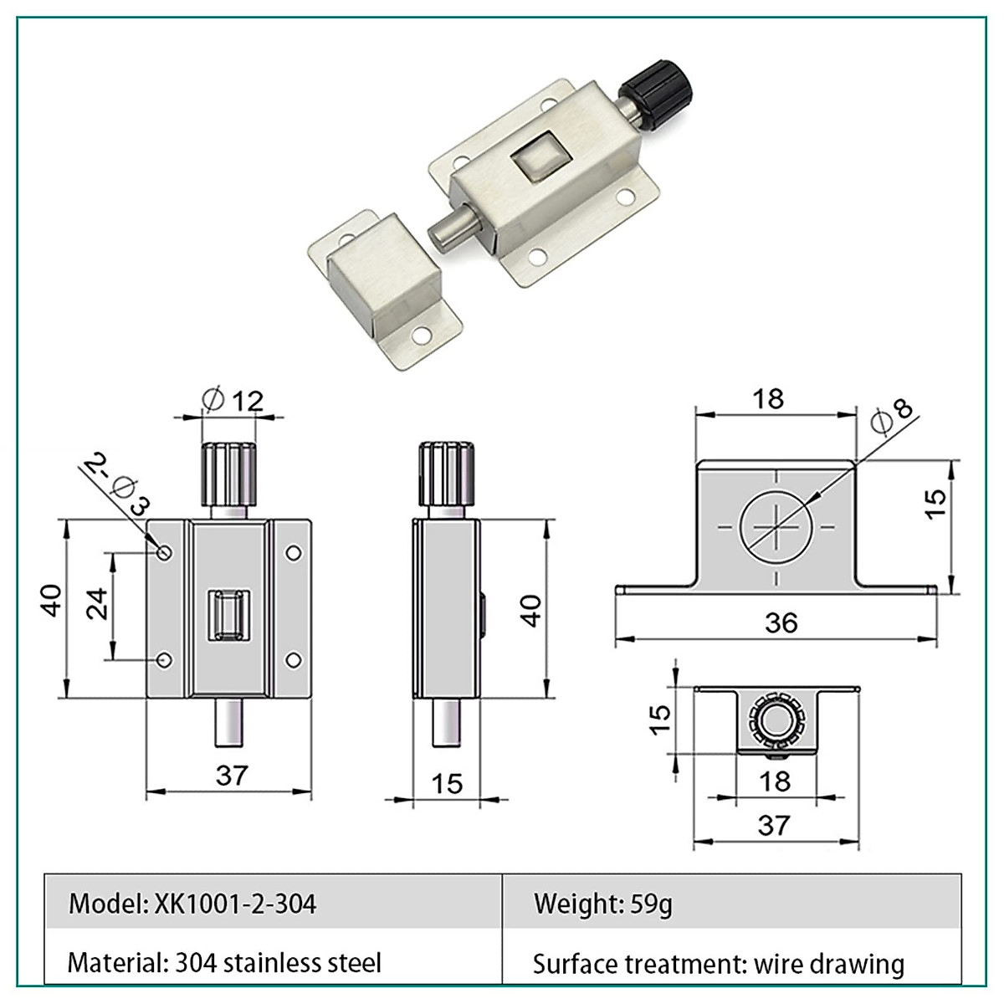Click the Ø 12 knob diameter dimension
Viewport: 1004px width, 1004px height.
[x=233, y=401]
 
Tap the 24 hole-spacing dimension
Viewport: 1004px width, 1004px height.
[x=97, y=603]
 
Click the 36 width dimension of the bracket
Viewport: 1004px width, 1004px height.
[x=781, y=623]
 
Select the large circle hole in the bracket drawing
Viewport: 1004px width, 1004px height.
[x=776, y=527]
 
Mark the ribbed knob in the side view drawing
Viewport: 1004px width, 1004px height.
[x=446, y=473]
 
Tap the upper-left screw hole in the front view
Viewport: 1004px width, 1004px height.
[x=165, y=552]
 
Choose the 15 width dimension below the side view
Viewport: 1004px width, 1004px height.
[x=447, y=784]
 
